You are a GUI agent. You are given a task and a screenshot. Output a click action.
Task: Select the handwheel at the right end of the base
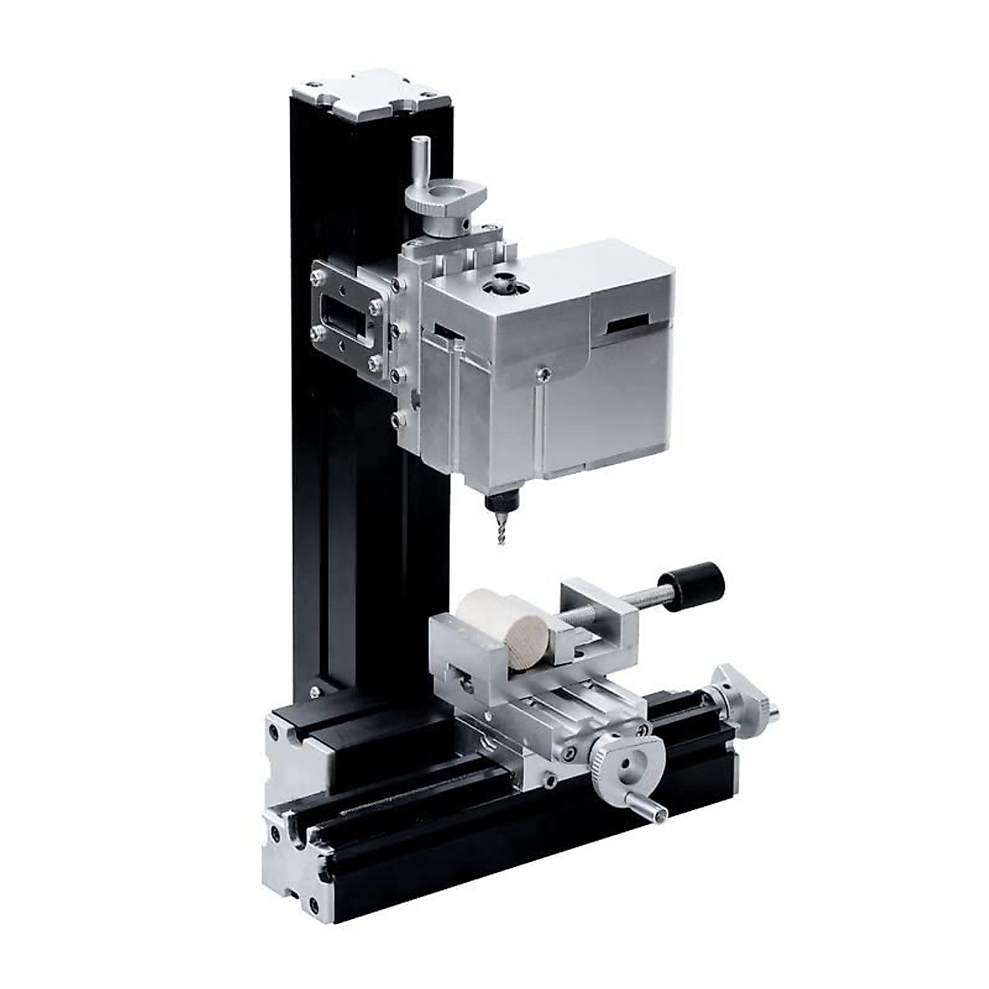coord(745,701)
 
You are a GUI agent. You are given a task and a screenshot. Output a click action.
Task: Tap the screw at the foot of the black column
coord(314,692)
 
